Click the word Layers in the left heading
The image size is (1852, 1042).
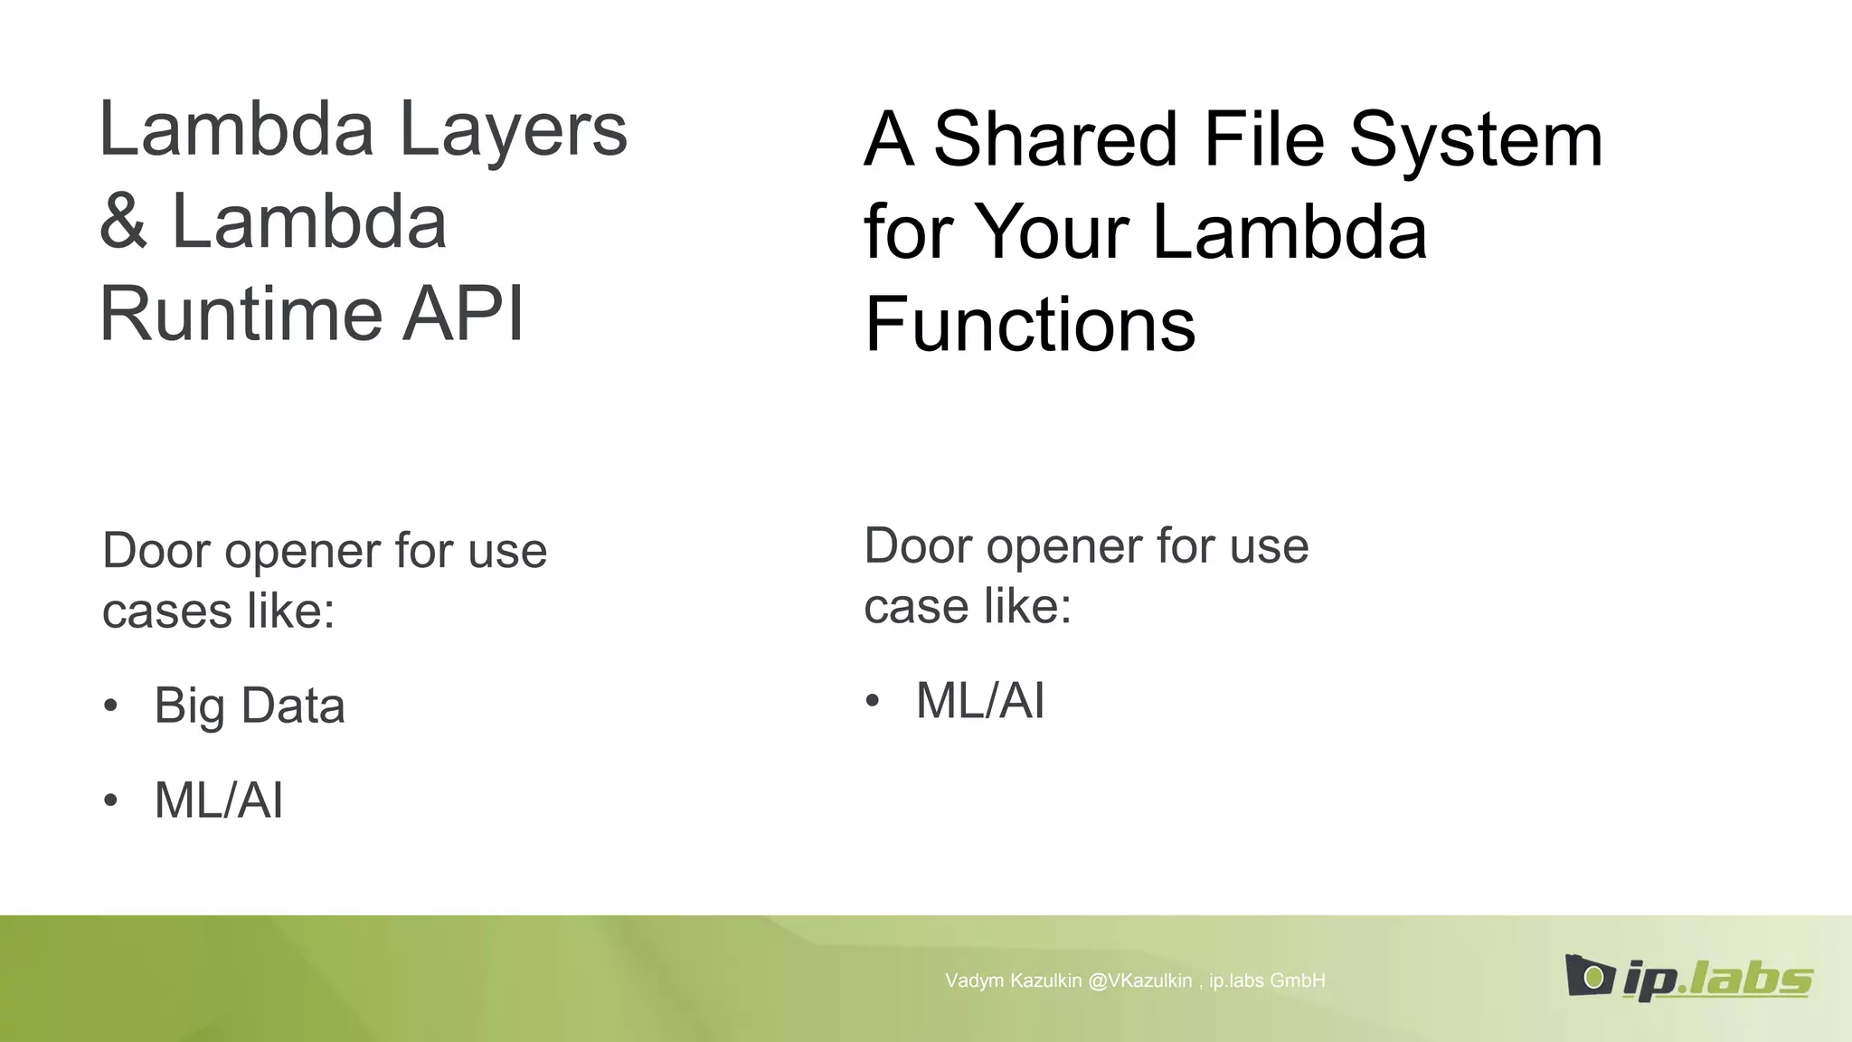[x=513, y=131]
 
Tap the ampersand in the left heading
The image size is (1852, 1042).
[x=123, y=223]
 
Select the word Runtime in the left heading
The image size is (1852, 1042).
[x=241, y=315]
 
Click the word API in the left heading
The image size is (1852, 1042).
[x=462, y=315]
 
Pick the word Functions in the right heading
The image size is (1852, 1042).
[x=1030, y=325]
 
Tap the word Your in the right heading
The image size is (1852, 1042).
[x=1053, y=232]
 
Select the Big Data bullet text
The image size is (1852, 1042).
[x=250, y=706]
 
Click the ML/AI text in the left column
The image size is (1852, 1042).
[x=219, y=800]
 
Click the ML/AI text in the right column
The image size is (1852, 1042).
[x=980, y=701]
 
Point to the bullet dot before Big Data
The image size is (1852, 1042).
[x=110, y=706]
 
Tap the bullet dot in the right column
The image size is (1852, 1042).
[x=872, y=701]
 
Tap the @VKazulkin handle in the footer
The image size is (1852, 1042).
[x=1139, y=980]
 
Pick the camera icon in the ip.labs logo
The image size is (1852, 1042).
[x=1589, y=975]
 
